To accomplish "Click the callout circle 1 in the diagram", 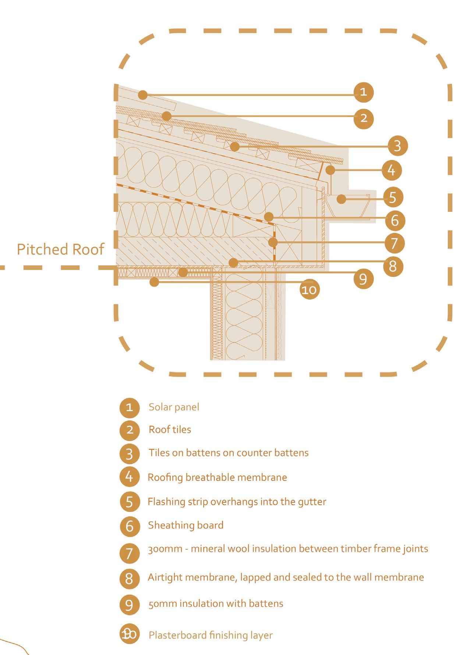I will pos(363,92).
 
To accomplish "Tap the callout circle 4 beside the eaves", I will pos(392,170).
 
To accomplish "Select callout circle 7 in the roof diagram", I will pos(394,243).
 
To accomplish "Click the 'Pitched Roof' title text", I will pos(60,249).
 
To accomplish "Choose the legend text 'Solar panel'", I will pos(174,407).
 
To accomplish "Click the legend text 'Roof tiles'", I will pos(170,430).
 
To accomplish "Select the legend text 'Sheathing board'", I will pos(185,525).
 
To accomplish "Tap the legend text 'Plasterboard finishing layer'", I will pos(210,635).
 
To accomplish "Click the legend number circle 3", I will pos(130,454).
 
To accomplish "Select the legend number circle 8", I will pos(130,579).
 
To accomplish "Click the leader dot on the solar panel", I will pos(142,95).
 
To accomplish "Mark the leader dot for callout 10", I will pos(155,282).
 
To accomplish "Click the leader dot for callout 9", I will pos(182,273).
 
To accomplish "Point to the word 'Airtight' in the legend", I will pos(164,577).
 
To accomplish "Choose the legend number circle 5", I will pos(130,502).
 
